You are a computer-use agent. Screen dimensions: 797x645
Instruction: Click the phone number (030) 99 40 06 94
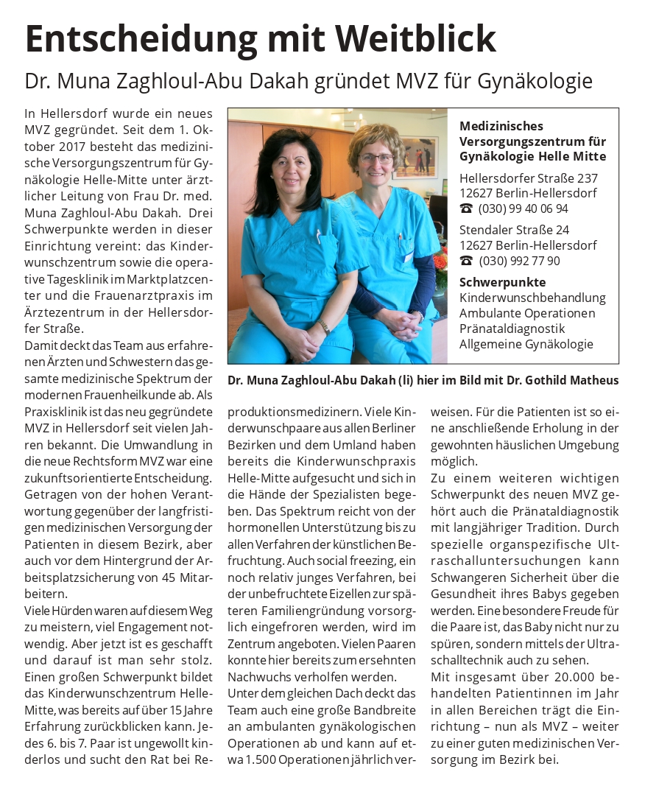(524, 208)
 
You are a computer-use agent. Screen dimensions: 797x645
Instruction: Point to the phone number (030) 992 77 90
(519, 261)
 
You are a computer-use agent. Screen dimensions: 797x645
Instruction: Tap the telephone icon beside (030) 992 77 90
(466, 261)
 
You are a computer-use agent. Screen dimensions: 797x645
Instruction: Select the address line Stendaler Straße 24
(514, 230)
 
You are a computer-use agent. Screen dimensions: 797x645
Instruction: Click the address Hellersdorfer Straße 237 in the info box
(528, 178)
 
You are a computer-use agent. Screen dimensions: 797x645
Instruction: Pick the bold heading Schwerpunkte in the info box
(502, 282)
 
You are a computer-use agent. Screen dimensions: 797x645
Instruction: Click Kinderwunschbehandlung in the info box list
(532, 298)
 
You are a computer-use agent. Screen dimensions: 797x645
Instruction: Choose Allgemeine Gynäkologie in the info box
(526, 344)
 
